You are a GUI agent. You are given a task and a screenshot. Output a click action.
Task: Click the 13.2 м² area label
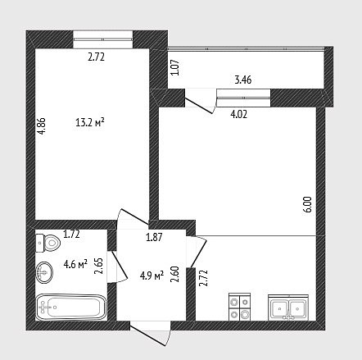coord(90,122)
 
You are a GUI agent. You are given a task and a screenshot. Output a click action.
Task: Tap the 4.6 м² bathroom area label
coord(75,264)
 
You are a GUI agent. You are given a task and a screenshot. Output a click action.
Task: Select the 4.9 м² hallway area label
coord(152,276)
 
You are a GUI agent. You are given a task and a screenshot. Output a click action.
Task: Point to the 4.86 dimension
coord(42,126)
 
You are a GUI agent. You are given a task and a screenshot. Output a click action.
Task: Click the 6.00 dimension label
coord(308,204)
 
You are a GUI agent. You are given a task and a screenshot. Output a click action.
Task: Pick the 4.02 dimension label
coord(239,114)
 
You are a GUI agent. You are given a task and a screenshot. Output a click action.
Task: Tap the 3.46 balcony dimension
coord(243,80)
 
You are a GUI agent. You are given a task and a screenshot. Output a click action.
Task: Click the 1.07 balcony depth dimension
coord(176,67)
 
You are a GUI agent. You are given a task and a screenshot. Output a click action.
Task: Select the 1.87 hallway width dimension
coord(154,237)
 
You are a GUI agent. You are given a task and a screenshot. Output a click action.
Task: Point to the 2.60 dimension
coord(174,274)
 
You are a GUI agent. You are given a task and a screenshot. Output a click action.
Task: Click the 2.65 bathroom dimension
coord(98,266)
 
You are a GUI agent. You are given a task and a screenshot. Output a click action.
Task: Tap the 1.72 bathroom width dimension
coord(71,234)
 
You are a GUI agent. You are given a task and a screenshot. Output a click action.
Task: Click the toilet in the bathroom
coord(48,243)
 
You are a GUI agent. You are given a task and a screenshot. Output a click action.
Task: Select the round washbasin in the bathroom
coord(44,272)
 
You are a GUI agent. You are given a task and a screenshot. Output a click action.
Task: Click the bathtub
coord(71,307)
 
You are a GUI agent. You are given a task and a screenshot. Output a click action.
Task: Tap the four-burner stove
coord(239,307)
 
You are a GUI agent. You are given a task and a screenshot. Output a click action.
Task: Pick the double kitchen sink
coord(288,308)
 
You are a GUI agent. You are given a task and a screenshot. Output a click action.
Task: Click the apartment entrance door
coord(150,335)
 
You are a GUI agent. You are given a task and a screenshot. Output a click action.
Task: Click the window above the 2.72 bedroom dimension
coord(103,39)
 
